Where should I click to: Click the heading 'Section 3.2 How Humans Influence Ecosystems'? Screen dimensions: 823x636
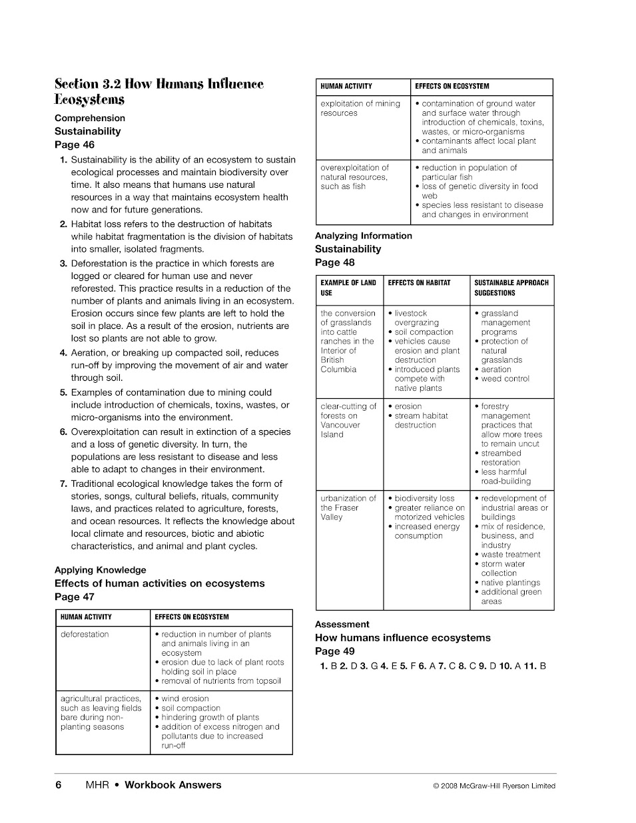pyautogui.click(x=159, y=92)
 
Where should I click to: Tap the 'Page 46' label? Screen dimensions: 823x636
pyautogui.click(x=75, y=144)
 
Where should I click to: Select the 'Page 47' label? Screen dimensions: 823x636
pyautogui.click(x=75, y=597)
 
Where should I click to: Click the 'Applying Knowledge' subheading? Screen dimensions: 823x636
pyautogui.click(x=100, y=570)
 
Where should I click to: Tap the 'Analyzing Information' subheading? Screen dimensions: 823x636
pyautogui.click(x=364, y=236)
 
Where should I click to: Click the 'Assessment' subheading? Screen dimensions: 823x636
pyautogui.click(x=342, y=625)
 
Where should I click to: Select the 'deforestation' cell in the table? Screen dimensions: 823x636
pyautogui.click(x=85, y=635)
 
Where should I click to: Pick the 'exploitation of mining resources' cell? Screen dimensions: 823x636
pyautogui.click(x=360, y=109)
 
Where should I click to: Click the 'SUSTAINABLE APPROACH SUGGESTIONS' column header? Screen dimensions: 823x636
pyautogui.click(x=511, y=288)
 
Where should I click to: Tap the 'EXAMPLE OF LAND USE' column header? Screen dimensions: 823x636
pyautogui.click(x=348, y=288)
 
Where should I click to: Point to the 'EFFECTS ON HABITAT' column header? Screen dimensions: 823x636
pyautogui.click(x=419, y=283)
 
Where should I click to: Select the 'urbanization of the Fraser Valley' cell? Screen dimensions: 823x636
pyautogui.click(x=348, y=507)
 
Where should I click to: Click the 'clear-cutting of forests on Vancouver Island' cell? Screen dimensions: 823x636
pyautogui.click(x=348, y=420)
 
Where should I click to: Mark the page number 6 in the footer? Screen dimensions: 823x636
pyautogui.click(x=59, y=785)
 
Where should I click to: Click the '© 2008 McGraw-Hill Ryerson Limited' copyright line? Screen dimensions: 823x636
pyautogui.click(x=494, y=786)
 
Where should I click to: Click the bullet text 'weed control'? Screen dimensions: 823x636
pyautogui.click(x=505, y=379)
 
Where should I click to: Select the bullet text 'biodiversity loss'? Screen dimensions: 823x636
pyautogui.click(x=424, y=498)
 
